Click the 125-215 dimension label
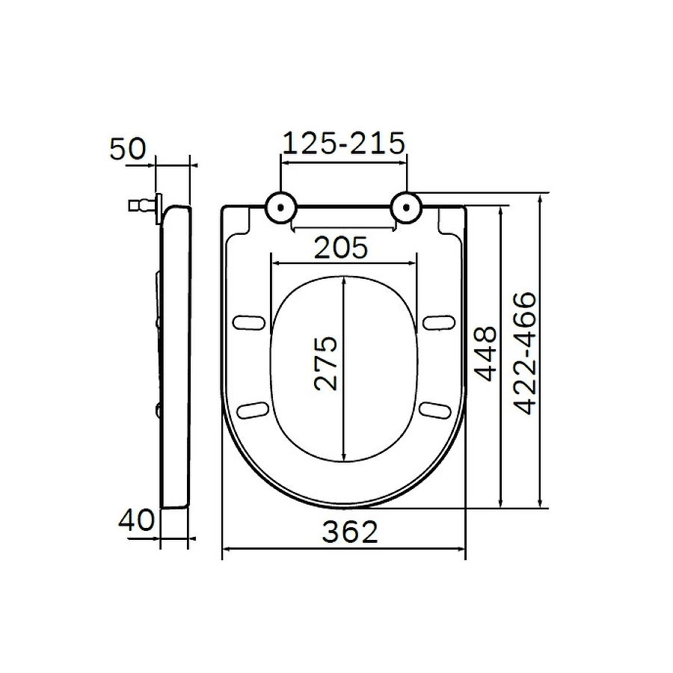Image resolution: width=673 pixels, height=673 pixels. tap(342, 142)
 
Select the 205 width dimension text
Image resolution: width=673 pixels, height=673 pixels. tap(341, 248)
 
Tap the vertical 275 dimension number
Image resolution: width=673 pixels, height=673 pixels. tap(326, 363)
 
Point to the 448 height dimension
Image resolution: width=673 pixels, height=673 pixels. tap(485, 353)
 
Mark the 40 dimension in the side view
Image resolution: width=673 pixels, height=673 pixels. tap(136, 520)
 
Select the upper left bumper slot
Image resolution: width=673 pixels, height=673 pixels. tap(250, 322)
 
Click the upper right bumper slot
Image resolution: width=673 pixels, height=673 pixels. tap(438, 322)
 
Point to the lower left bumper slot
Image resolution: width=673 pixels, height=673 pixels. tap(253, 408)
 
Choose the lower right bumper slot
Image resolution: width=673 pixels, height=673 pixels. tap(434, 408)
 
